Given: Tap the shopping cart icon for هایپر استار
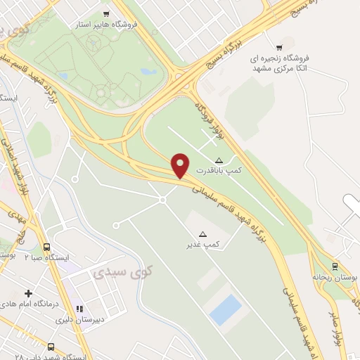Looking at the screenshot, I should [x=106, y=13].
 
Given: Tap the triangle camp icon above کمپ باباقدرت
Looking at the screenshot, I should [x=219, y=160].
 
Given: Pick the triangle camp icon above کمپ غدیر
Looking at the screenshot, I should [x=203, y=233].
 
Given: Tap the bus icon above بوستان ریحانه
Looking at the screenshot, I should [x=335, y=266].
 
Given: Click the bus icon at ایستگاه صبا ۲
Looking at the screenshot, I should [x=47, y=247].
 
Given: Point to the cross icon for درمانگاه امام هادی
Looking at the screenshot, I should [x=28, y=292].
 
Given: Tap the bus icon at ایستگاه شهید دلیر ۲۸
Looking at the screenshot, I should [x=51, y=347].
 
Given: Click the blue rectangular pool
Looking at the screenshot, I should [x=225, y=309].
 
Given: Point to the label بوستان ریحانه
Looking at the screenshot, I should [x=336, y=278].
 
